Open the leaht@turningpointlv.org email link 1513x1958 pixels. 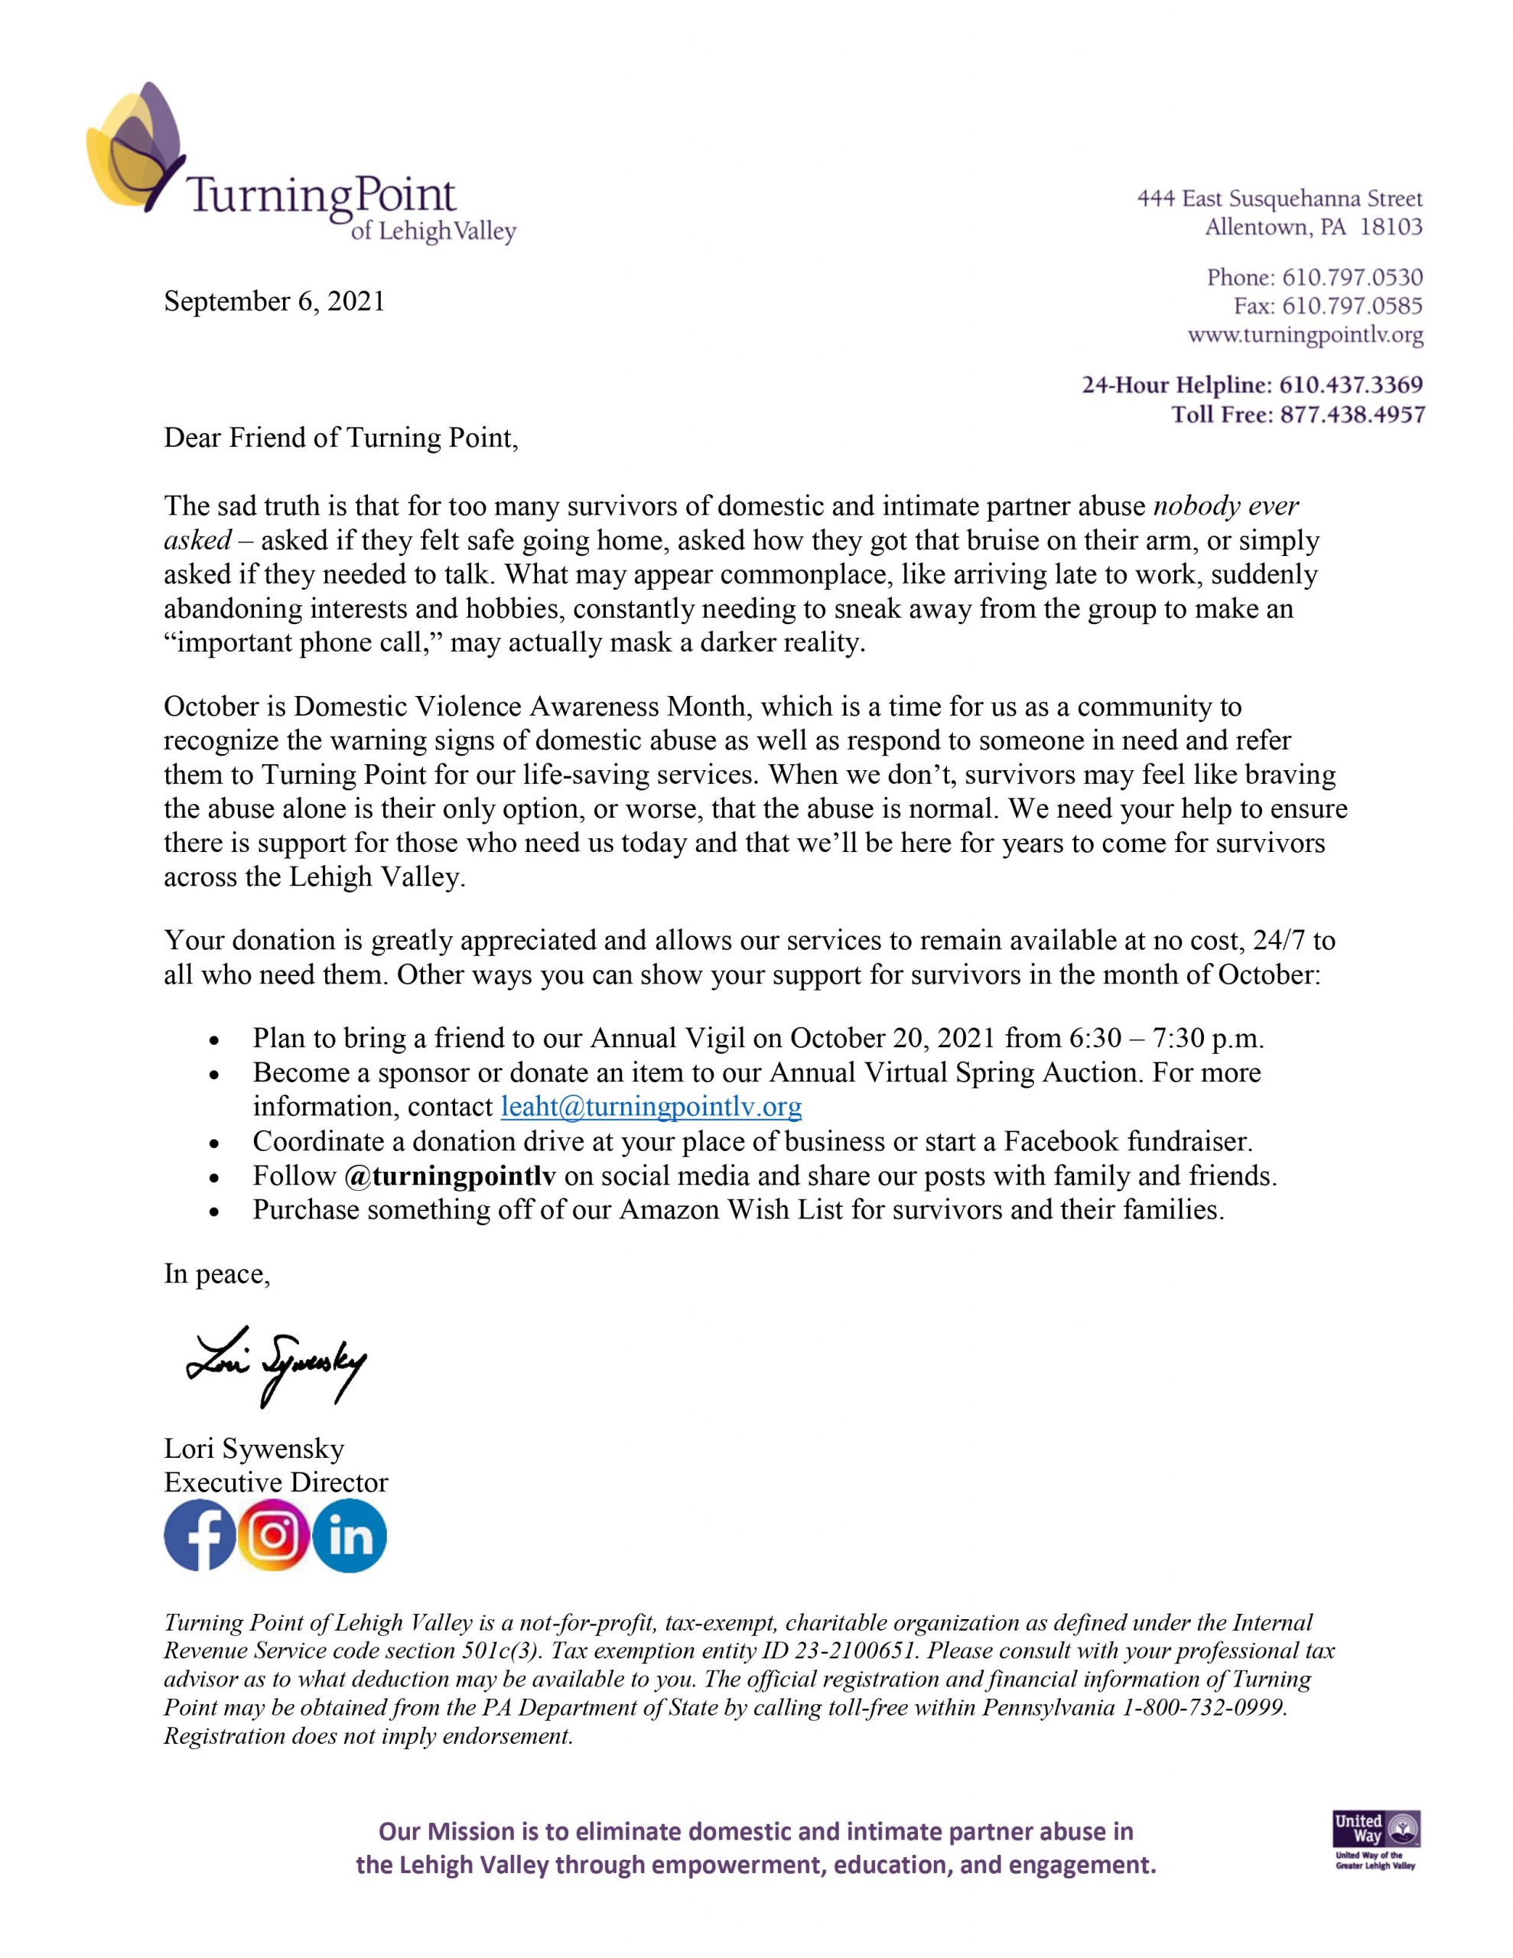(x=651, y=1107)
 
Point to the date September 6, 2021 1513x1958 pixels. (x=274, y=302)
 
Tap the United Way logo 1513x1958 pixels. (x=1376, y=1842)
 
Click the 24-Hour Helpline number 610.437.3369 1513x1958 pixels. (x=1351, y=385)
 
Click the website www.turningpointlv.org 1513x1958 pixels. (x=1305, y=337)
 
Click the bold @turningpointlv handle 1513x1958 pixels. (x=449, y=1176)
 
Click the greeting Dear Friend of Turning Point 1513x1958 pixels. (x=341, y=438)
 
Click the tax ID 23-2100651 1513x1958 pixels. (x=854, y=1651)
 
